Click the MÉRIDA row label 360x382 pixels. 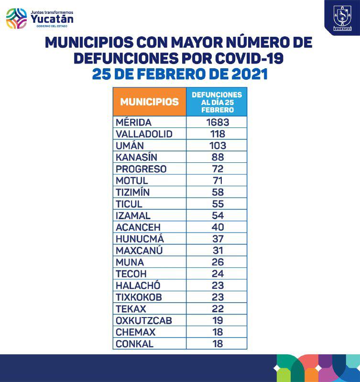(x=133, y=122)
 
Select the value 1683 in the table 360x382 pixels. (x=218, y=122)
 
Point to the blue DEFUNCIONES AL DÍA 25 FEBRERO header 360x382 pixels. (x=217, y=102)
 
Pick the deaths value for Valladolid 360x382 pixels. (x=218, y=134)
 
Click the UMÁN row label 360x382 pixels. (x=130, y=146)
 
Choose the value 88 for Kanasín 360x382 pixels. (x=218, y=157)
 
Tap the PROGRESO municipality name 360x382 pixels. (x=141, y=169)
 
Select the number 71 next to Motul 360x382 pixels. (x=218, y=180)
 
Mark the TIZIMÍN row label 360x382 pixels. (x=133, y=192)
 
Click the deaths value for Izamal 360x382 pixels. (x=218, y=216)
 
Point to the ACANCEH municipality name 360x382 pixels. (x=138, y=227)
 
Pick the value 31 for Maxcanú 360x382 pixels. (x=218, y=251)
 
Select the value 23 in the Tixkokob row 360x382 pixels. (x=218, y=297)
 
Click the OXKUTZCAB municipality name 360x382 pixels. (x=144, y=320)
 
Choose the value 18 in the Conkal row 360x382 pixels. (x=218, y=344)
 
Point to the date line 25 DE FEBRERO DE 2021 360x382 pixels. (x=179, y=74)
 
